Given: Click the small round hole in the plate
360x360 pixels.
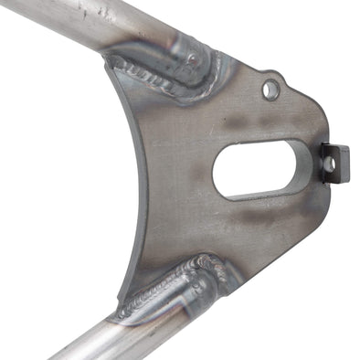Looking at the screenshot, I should coord(270,89).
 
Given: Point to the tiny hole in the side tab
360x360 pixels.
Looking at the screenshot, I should coord(333,161).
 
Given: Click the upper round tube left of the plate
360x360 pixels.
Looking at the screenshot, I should coord(73,23).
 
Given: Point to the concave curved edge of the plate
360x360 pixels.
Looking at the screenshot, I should coord(142,183).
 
